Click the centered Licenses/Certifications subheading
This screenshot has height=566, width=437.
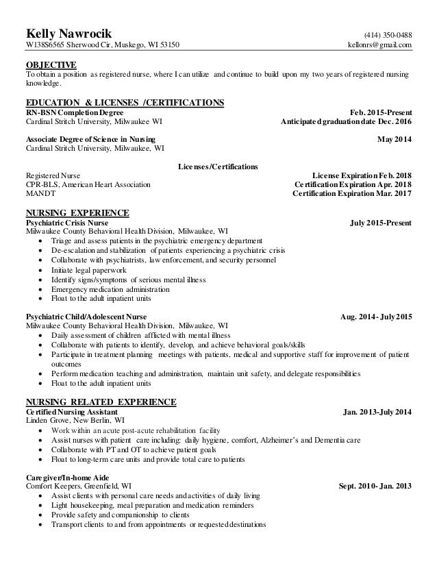pyautogui.click(x=218, y=167)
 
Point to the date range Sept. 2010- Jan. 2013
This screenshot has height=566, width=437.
pyautogui.click(x=375, y=487)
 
